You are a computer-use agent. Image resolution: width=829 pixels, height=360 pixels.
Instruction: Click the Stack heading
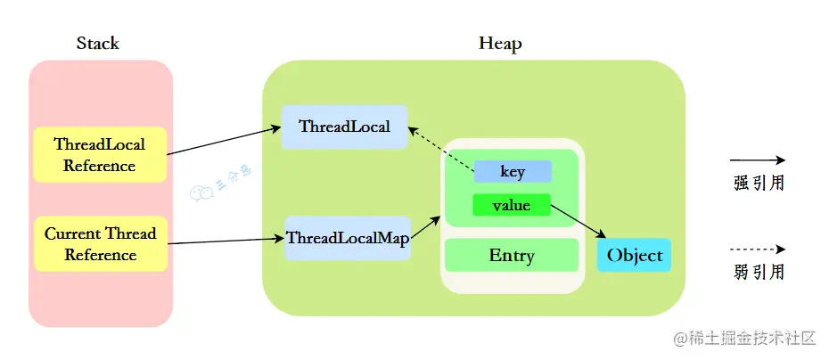97,43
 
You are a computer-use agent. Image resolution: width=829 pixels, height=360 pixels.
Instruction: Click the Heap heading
500,43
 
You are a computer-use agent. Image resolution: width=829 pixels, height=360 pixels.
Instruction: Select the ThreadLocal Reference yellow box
100,154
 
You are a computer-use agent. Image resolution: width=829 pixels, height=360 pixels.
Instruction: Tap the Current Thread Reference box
100,244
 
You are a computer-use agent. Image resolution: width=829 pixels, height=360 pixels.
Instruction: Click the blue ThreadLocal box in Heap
344,127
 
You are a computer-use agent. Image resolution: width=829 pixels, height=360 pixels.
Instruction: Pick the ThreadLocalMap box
347,238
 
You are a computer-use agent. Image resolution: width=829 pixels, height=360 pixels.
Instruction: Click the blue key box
513,171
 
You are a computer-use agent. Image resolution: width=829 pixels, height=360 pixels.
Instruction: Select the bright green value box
512,205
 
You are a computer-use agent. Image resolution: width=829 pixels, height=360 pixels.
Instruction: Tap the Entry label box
512,256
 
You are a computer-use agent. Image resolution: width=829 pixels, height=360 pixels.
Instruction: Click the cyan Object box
634,256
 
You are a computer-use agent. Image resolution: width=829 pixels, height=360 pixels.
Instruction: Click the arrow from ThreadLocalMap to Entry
425,226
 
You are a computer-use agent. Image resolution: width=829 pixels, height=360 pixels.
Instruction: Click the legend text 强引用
758,184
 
